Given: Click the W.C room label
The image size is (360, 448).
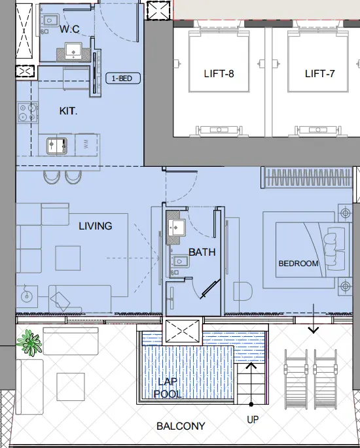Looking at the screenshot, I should point(69,30).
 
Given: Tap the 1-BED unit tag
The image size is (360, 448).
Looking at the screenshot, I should point(123,78).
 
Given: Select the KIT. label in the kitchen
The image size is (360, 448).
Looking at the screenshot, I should point(68,111).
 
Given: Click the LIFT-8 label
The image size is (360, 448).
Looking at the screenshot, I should point(219,73).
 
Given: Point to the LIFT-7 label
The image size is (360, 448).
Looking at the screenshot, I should point(320,73).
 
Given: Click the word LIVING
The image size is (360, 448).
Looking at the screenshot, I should point(95,226).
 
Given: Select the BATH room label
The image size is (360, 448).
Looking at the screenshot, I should point(202,251).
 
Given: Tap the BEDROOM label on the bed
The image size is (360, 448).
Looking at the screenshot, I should point(298,264).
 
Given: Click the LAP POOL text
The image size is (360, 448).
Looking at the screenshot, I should point(168,388).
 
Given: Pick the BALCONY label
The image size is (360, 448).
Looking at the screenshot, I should point(181,426).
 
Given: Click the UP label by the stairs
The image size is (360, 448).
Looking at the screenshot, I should point(253,419).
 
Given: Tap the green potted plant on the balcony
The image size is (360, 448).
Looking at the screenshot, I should point(29,342).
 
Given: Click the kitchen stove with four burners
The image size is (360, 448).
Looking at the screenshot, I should point(26,112).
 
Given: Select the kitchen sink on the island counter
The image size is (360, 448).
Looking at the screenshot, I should point(55,145).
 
